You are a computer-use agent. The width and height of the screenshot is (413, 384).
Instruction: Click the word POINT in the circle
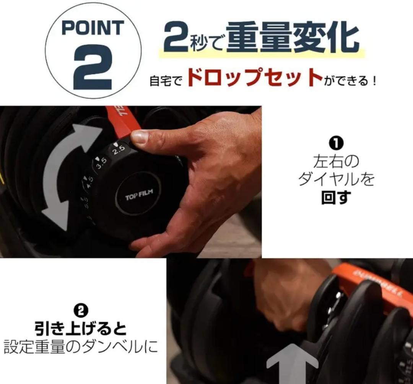[93, 28]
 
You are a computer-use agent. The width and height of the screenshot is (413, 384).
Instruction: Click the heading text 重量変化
[293, 38]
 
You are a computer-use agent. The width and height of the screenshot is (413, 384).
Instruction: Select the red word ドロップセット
[255, 78]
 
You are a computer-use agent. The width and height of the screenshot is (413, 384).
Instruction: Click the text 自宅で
[165, 81]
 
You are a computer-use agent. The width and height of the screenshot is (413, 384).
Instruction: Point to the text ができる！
[350, 81]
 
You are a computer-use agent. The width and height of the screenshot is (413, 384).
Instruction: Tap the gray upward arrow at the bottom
[292, 363]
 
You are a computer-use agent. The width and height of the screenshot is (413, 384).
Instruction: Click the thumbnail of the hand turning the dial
[131, 182]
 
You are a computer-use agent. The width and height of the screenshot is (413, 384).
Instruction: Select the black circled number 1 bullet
[336, 143]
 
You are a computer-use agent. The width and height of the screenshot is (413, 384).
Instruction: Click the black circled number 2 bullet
[81, 310]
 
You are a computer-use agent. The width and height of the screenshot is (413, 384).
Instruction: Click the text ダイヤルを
[336, 179]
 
